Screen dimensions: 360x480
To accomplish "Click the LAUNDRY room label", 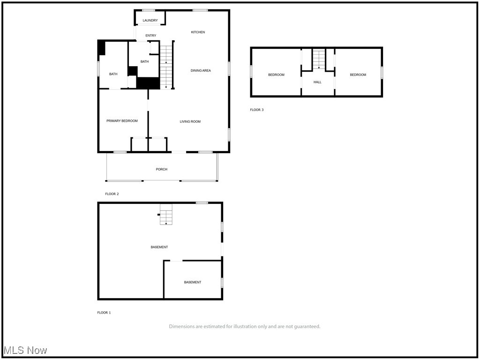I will (x=150, y=21).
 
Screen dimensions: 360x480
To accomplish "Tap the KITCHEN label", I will (x=198, y=32).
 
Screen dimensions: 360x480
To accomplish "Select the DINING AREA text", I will (x=201, y=71).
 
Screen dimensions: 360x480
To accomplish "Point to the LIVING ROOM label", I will (x=190, y=122).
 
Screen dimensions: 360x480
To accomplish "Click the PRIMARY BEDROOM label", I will (x=122, y=121).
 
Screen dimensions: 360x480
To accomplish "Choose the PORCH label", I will (x=161, y=169).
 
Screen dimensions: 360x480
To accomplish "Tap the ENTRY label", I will (x=150, y=36).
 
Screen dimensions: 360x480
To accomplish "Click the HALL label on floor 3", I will (x=317, y=82).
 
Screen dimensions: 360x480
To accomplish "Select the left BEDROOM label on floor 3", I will (x=276, y=75).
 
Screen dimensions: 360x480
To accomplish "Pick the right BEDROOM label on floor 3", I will (x=358, y=75).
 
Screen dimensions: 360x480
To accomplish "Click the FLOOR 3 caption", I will (x=257, y=110).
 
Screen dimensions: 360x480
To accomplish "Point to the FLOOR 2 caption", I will (x=112, y=194).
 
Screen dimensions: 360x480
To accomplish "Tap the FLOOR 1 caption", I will (x=104, y=313).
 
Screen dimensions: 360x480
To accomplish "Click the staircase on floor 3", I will (x=319, y=60).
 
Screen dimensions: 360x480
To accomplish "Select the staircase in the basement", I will (x=166, y=214).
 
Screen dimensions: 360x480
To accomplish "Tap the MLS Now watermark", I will (x=25, y=350).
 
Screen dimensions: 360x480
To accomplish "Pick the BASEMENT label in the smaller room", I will (x=193, y=282).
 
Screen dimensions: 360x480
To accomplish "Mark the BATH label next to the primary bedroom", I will (x=113, y=74).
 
